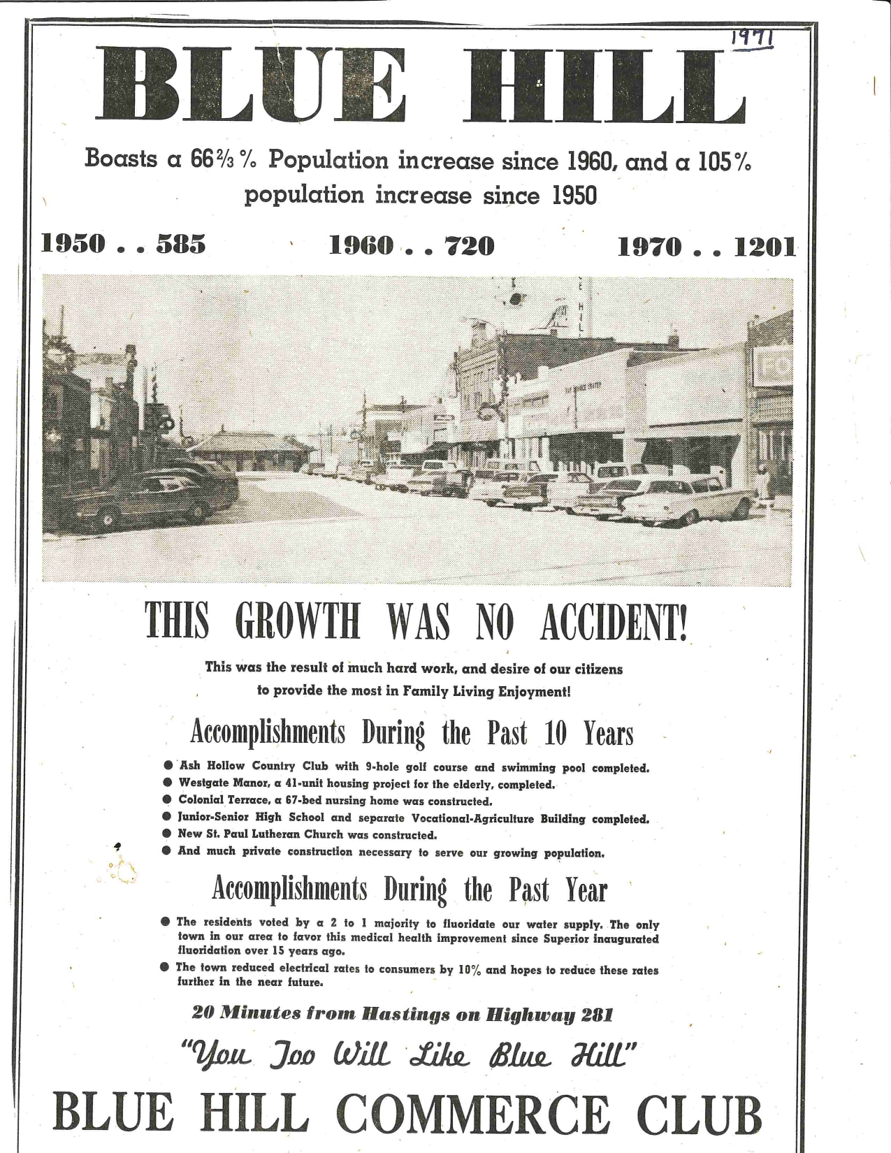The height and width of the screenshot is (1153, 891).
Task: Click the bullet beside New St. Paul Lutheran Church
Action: pos(166,834)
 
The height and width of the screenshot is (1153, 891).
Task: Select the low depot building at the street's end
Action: pos(248,451)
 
